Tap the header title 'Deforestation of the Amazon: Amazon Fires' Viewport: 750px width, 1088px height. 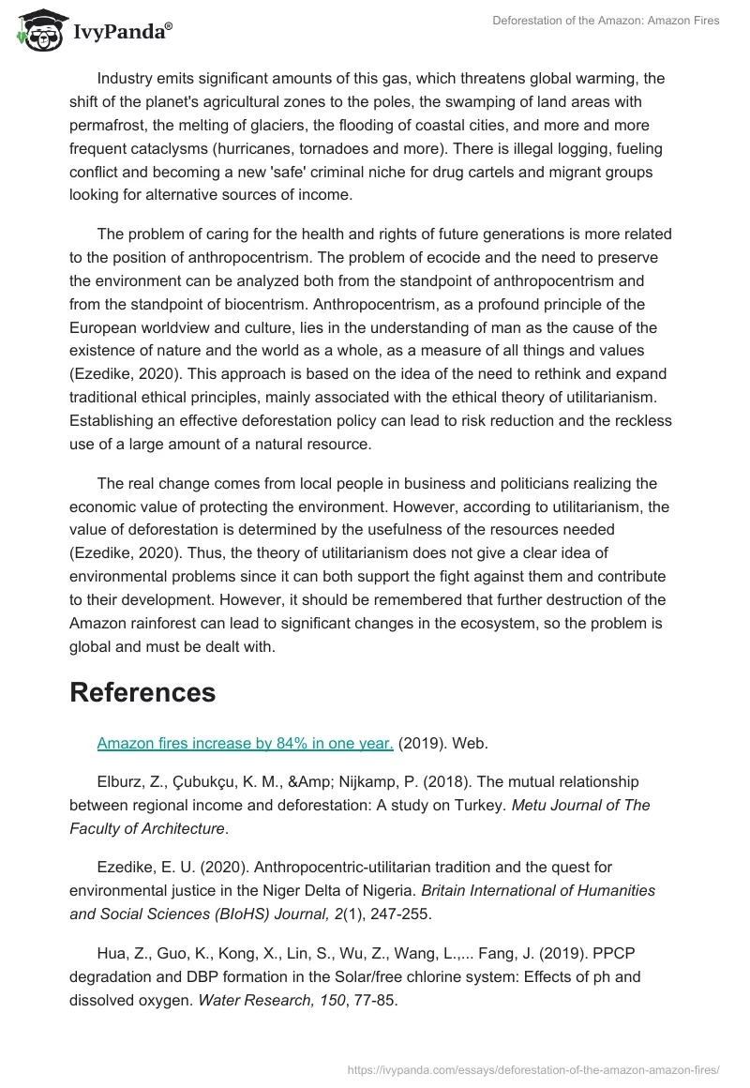(x=606, y=21)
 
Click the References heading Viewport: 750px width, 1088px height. (x=142, y=692)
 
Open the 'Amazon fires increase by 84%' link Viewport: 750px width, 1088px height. (x=245, y=744)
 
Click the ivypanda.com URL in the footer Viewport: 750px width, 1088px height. (x=532, y=1068)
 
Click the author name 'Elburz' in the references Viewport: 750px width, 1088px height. (x=120, y=781)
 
